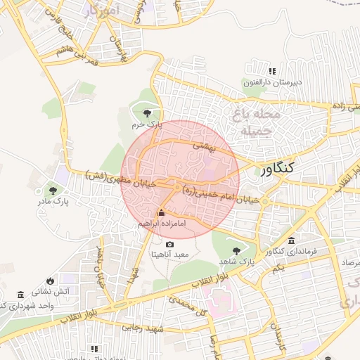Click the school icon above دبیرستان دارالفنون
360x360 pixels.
[272, 71]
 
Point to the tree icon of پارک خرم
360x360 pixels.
[146, 112]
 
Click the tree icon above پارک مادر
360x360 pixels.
[53, 189]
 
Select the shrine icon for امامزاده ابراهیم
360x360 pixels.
[161, 212]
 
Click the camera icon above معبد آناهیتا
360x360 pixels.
[169, 243]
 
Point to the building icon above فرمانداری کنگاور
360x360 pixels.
[291, 240]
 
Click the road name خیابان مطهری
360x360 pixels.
[116, 176]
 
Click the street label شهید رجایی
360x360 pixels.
[143, 328]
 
